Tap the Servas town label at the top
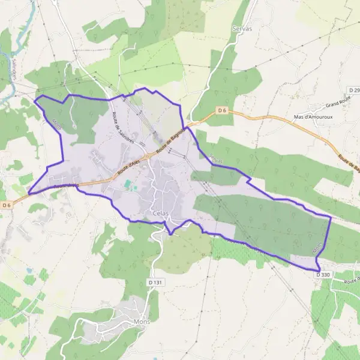pyautogui.click(x=241, y=28)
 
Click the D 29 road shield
pyautogui.click(x=353, y=89)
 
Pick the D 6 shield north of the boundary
pyautogui.click(x=223, y=110)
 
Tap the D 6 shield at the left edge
pyautogui.click(x=7, y=205)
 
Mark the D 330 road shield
pyautogui.click(x=323, y=274)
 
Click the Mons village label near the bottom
pyautogui.click(x=142, y=321)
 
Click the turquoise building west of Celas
pyautogui.click(x=130, y=189)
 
